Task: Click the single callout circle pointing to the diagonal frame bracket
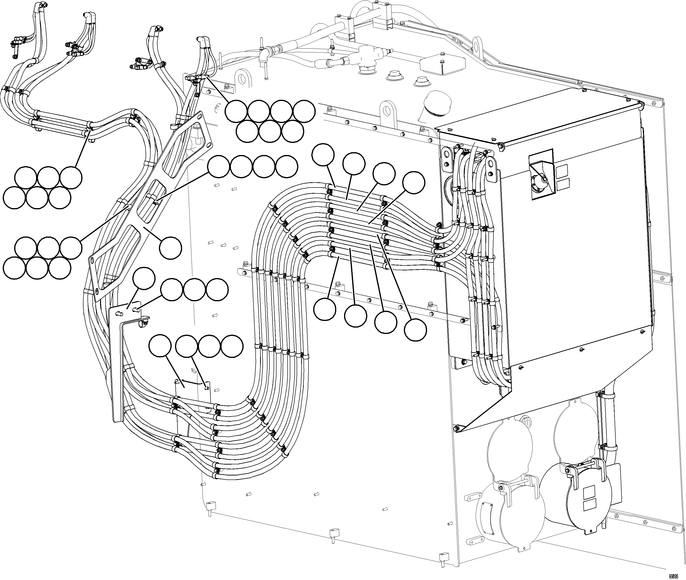click(x=170, y=248)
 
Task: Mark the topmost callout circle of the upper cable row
click(x=323, y=155)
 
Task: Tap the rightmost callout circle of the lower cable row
click(x=415, y=330)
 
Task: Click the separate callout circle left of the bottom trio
click(x=160, y=347)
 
